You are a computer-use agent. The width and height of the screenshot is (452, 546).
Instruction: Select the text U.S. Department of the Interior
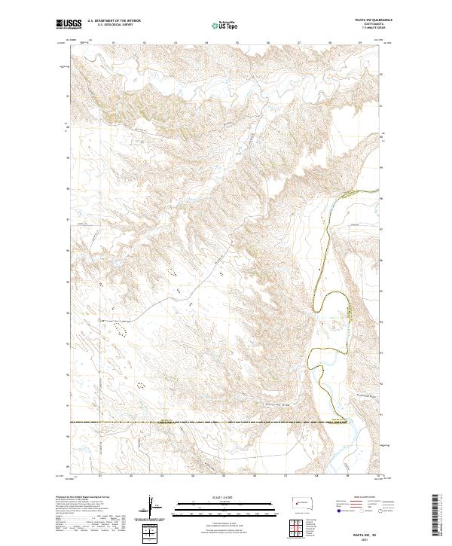coord(114,21)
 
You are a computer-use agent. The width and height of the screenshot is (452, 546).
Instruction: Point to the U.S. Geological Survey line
coord(114,26)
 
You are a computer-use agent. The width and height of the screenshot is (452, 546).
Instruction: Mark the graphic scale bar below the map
coord(227,508)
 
